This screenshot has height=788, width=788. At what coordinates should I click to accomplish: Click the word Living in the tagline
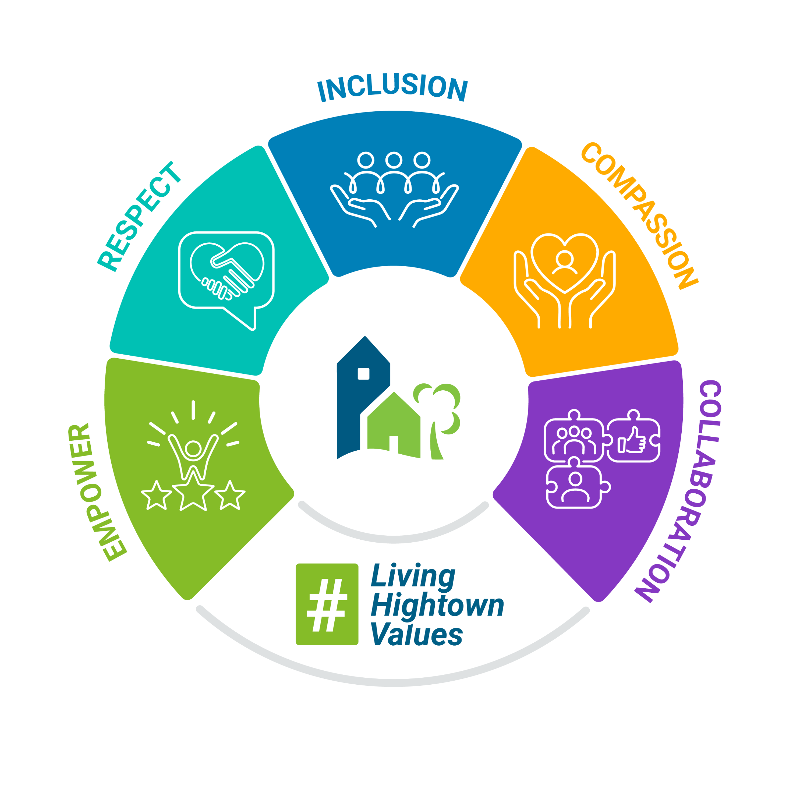coord(413,576)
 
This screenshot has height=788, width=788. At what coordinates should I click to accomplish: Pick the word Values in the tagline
coord(417,634)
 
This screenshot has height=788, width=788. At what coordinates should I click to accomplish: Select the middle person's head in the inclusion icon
coord(394,160)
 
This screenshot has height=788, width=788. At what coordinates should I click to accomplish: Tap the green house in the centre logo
coord(394,426)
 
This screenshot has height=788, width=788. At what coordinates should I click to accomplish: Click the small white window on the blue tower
coord(363,373)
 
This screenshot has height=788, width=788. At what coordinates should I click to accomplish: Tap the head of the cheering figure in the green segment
coord(193,449)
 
